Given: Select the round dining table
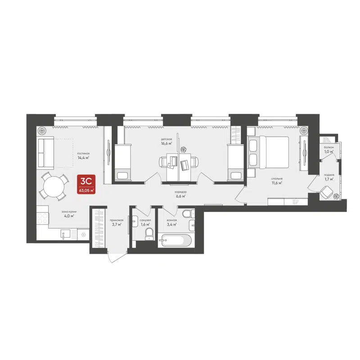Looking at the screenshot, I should (x=54, y=186).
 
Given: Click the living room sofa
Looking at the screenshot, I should (x=46, y=152).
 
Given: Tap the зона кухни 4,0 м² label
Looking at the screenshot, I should (x=67, y=213).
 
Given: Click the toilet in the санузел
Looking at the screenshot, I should (x=149, y=234).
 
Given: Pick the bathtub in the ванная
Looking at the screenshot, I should (x=175, y=240).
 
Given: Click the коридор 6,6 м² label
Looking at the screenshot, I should (x=181, y=194).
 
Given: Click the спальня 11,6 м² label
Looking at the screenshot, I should (x=277, y=180).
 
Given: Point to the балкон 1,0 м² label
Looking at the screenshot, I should (x=328, y=149).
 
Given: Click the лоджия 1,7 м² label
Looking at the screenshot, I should (x=328, y=176).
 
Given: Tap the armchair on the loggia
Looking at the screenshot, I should (x=327, y=193).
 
